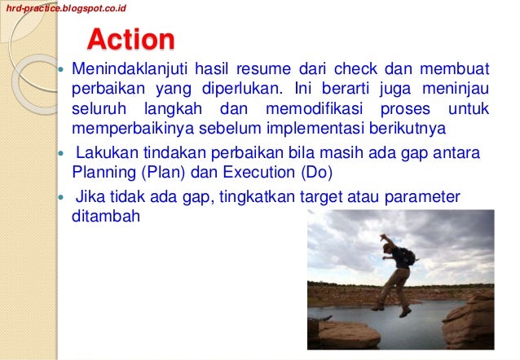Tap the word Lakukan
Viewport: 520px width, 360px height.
tap(104, 154)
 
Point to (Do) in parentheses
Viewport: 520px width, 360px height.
tap(306, 173)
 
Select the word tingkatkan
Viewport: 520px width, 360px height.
tap(249, 198)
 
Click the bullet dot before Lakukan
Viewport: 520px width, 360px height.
tap(59, 155)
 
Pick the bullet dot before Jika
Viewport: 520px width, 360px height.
tap(59, 199)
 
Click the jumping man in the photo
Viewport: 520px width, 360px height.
tap(396, 270)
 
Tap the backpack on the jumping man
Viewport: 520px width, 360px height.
tap(408, 257)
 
